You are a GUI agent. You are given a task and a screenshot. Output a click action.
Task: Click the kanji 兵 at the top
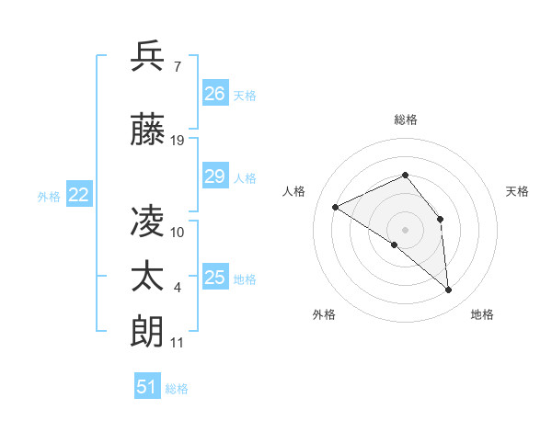tap(148, 56)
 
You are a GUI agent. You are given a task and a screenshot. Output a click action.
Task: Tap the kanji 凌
tap(148, 221)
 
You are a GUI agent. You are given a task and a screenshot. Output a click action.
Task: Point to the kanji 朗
tap(148, 331)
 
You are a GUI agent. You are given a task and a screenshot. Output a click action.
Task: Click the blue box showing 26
tap(214, 94)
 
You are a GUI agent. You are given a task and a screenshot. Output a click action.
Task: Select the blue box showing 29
tap(214, 176)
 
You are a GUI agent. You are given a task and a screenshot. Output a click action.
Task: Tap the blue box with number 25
tap(214, 278)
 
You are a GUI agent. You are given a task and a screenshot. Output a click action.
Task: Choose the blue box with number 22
tap(79, 195)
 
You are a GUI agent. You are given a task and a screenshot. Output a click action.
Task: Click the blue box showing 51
tap(147, 387)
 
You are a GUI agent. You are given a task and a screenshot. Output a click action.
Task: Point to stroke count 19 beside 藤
tap(178, 140)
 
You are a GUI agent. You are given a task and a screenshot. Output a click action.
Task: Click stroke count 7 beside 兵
tap(177, 67)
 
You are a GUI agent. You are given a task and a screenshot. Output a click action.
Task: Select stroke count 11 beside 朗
tap(178, 343)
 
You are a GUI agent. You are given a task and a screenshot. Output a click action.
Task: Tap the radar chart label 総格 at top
tap(405, 119)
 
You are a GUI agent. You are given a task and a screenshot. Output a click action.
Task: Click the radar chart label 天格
tap(517, 191)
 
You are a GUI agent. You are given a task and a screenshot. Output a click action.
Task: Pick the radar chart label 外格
tap(324, 314)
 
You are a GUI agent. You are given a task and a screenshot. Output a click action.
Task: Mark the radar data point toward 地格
tap(449, 290)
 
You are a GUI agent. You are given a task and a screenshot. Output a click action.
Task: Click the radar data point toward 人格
tap(336, 207)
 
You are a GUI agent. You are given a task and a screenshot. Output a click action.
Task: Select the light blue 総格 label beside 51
tap(177, 389)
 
